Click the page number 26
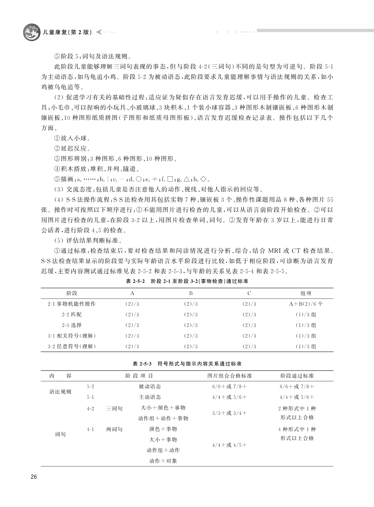(34, 477)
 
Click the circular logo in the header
(31, 32)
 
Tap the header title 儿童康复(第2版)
(67, 32)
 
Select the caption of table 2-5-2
(187, 281)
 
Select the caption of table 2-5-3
(187, 364)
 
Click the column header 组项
(306, 293)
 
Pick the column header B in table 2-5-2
(191, 293)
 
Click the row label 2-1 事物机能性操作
(72, 304)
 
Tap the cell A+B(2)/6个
(306, 304)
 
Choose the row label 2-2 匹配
(72, 314)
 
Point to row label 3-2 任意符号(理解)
(72, 346)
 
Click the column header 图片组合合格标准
(230, 376)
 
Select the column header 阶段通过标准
(297, 376)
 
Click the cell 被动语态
(150, 387)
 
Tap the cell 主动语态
(150, 397)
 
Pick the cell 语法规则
(60, 392)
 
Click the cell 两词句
(114, 429)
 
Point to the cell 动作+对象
(163, 461)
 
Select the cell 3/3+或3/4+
(230, 413)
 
